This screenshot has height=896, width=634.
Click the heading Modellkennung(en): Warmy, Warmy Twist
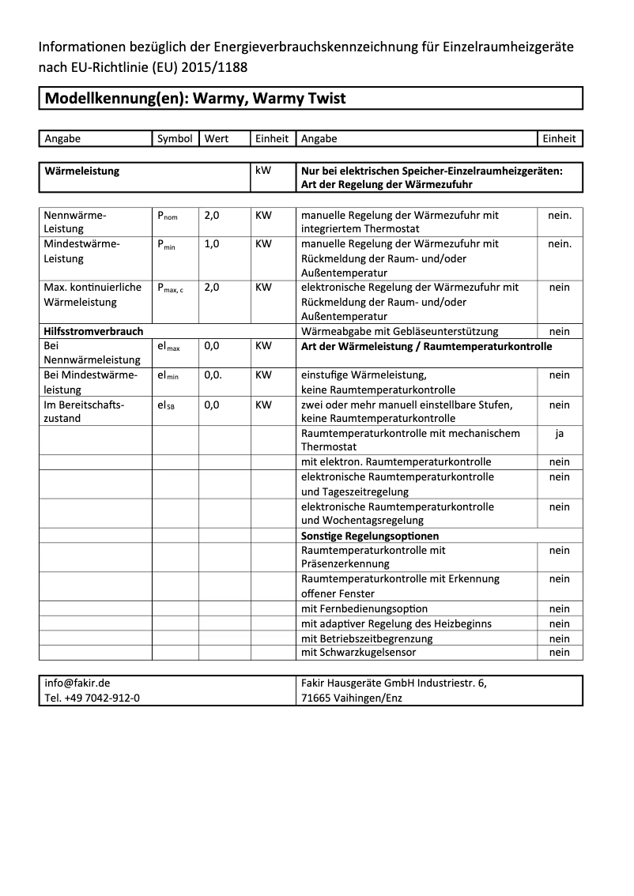click(x=195, y=99)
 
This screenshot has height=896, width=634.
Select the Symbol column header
click(x=175, y=138)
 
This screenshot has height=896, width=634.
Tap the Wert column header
click(x=216, y=138)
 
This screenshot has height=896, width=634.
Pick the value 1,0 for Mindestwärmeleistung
click(x=212, y=244)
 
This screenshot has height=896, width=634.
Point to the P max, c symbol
click(x=170, y=288)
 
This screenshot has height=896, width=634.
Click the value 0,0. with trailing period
click(x=213, y=375)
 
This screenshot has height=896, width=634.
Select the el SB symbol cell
click(x=166, y=405)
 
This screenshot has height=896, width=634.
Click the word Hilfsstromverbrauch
click(x=93, y=332)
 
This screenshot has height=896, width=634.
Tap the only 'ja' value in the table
click(x=559, y=433)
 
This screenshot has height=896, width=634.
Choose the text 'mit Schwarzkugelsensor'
click(x=358, y=653)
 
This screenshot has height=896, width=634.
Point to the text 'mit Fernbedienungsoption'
click(x=364, y=608)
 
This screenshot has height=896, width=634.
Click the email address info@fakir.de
click(x=77, y=683)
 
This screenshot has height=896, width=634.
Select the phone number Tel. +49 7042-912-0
click(x=92, y=698)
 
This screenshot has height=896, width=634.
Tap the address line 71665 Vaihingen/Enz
click(x=351, y=698)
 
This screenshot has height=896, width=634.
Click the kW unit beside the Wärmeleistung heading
click(x=263, y=171)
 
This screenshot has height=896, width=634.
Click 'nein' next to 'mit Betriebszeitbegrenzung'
click(x=559, y=638)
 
